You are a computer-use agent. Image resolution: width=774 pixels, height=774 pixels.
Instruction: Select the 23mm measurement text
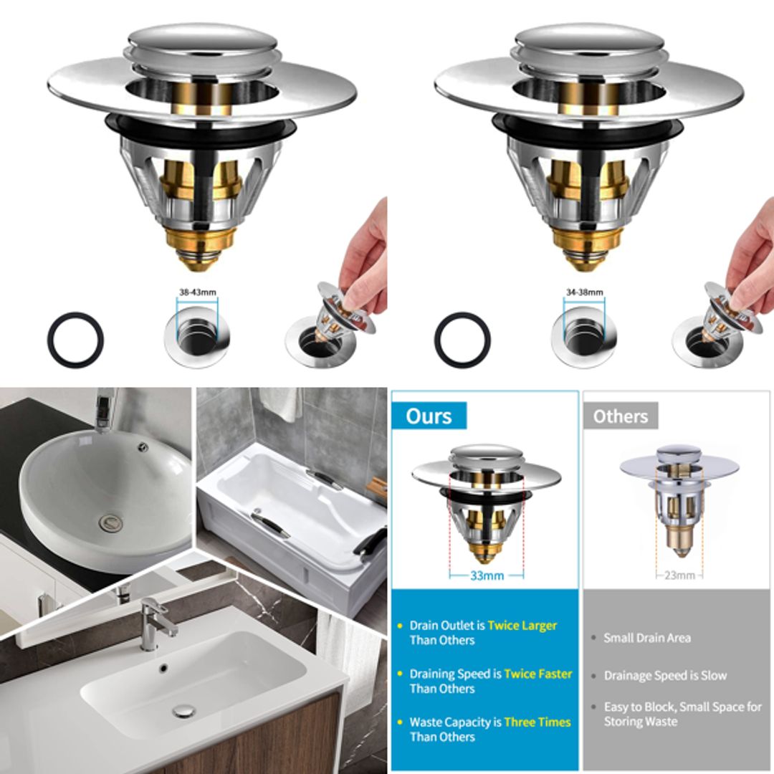[679, 575]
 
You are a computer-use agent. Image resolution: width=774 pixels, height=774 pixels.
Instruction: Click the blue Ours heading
[429, 416]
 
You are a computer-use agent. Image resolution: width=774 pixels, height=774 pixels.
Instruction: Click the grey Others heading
[621, 416]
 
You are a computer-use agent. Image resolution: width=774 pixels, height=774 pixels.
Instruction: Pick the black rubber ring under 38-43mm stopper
[75, 340]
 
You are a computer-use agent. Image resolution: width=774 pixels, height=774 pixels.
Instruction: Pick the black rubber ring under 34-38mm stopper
[462, 340]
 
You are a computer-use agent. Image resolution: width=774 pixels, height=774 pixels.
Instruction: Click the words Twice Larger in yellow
[522, 626]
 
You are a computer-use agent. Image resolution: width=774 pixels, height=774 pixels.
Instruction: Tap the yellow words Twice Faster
[537, 674]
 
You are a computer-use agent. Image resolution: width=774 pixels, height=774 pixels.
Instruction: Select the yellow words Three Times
[537, 722]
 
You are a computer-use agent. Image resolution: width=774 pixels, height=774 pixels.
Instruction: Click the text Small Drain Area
[647, 638]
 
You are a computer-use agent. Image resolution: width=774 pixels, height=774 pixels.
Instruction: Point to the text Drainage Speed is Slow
[665, 675]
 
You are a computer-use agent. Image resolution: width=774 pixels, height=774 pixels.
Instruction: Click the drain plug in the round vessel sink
[110, 522]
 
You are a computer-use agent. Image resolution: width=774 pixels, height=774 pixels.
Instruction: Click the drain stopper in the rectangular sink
[184, 711]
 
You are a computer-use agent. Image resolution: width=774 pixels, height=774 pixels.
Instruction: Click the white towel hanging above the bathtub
[281, 403]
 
